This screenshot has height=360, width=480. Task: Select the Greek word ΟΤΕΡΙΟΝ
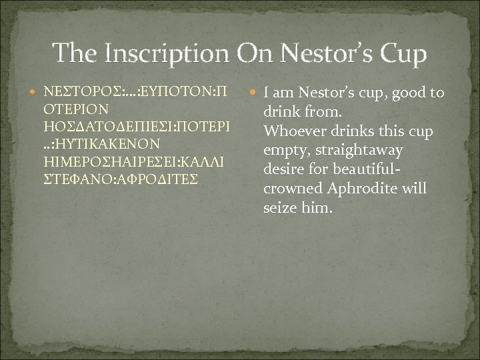[x=75, y=108]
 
